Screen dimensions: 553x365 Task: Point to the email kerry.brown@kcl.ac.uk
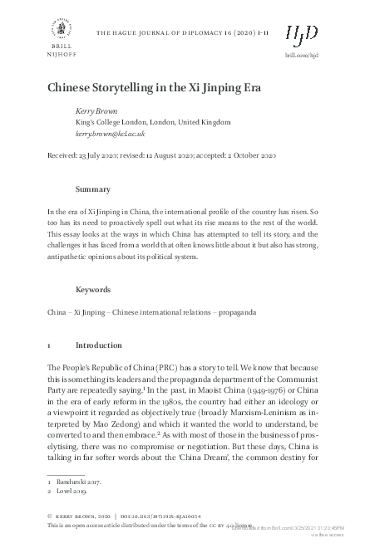[110, 133]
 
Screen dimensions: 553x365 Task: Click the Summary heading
[93, 189]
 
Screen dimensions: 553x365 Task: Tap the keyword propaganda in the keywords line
[211, 312]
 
